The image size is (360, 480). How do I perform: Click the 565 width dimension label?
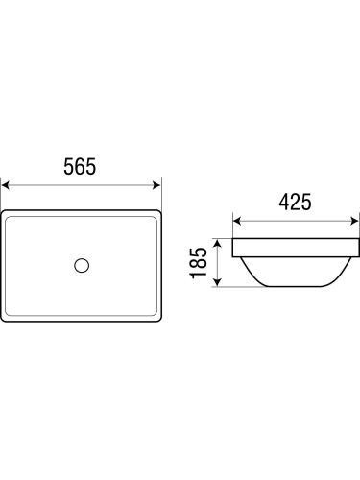[80, 166]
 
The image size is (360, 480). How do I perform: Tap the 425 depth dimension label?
[295, 203]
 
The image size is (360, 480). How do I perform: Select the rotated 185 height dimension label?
[198, 262]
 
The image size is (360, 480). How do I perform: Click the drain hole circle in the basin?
[82, 265]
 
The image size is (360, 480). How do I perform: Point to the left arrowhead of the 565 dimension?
[5, 185]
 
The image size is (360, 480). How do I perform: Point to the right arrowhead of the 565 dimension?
[156, 185]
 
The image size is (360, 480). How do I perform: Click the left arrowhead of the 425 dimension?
[237, 221]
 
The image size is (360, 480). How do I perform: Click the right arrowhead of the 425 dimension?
[354, 221]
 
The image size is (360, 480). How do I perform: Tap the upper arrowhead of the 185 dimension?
[217, 244]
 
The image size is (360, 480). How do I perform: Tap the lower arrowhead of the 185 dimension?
[217, 282]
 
